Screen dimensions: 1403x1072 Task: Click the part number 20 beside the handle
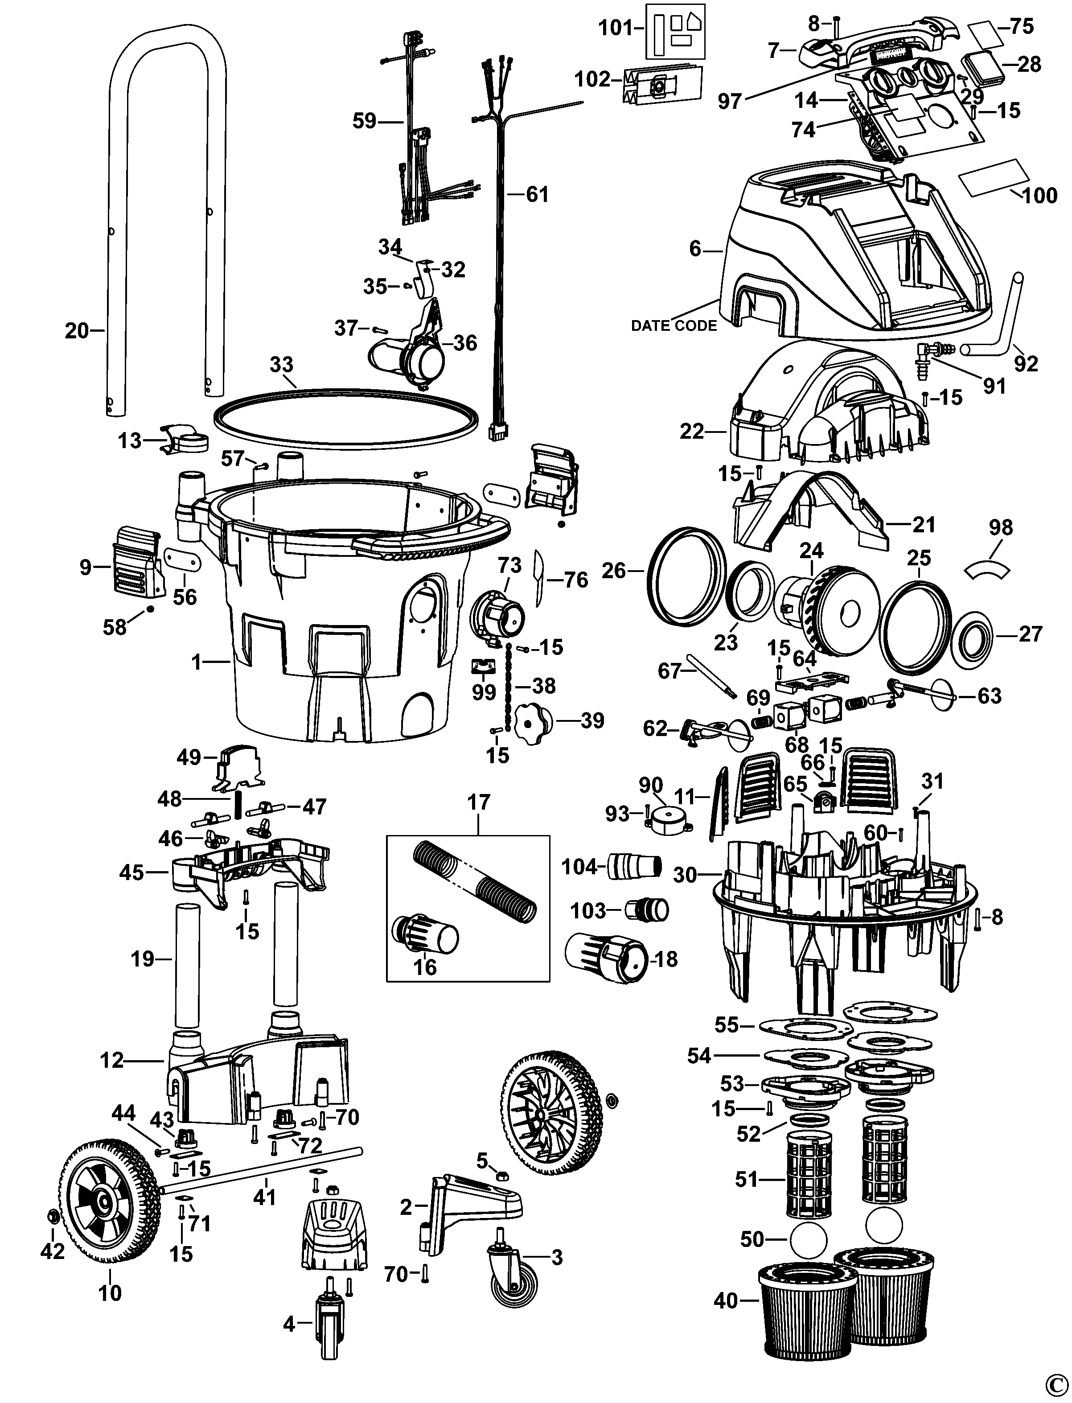click(x=77, y=331)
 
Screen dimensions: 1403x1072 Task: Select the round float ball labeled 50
click(x=808, y=1239)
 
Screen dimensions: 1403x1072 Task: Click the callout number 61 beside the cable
click(x=537, y=193)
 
